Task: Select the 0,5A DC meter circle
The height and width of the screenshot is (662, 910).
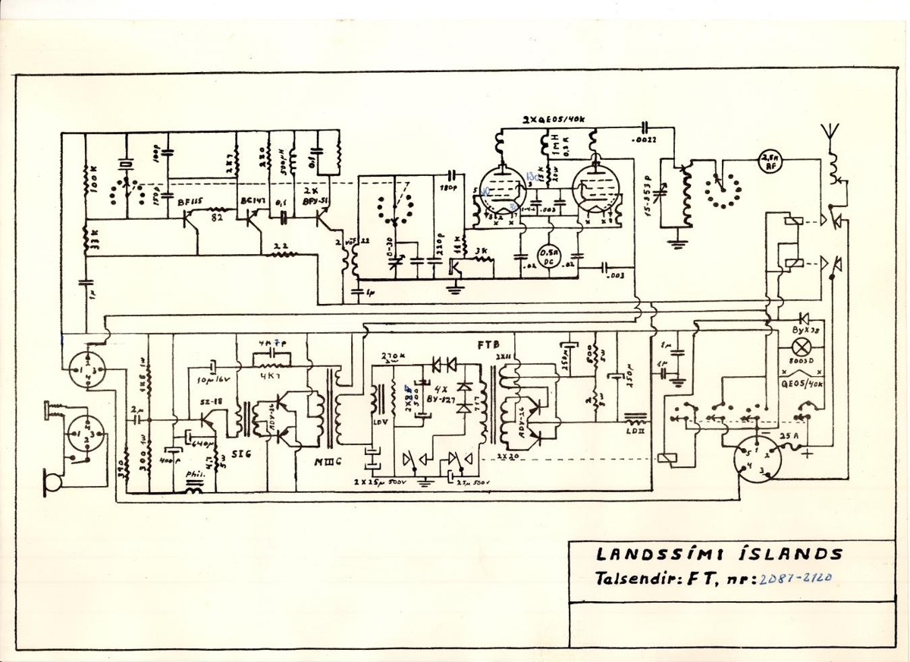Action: pyautogui.click(x=548, y=256)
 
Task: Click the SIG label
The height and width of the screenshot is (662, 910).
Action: pyautogui.click(x=237, y=453)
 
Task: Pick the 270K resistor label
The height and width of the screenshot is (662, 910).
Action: pyautogui.click(x=392, y=356)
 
